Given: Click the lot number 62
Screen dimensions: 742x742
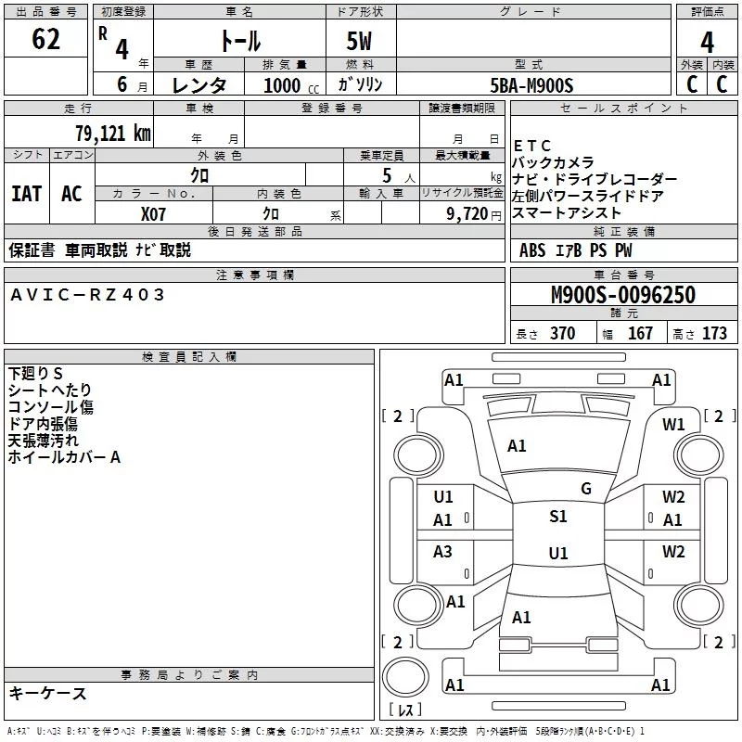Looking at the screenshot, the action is (x=45, y=38).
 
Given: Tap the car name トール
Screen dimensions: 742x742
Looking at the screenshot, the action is (x=240, y=41).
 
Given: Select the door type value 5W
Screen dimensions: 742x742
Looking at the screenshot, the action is (x=359, y=41).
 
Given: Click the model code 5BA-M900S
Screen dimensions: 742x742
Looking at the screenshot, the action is (x=531, y=85).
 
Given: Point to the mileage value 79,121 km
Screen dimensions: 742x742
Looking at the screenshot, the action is (x=113, y=134).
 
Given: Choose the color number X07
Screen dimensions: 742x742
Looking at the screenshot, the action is (x=153, y=214).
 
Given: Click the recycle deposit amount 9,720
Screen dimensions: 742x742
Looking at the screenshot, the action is (x=467, y=214).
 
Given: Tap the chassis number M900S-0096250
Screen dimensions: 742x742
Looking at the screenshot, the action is (x=623, y=295).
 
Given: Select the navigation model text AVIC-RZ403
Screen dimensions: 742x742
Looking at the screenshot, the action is (x=87, y=295).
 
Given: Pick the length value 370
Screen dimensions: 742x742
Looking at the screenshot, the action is (x=562, y=333).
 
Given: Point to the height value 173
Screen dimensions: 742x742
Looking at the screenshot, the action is (x=714, y=333).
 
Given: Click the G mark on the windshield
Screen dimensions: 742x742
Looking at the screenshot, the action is (x=586, y=489).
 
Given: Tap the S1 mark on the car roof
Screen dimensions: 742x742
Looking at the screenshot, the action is (x=558, y=517).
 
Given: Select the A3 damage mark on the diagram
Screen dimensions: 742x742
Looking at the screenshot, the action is (x=442, y=551).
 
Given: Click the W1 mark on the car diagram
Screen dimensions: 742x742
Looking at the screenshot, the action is (x=673, y=425).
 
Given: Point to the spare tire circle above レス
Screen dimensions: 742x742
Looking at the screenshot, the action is (x=405, y=676).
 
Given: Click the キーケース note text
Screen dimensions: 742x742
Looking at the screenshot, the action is (x=48, y=694).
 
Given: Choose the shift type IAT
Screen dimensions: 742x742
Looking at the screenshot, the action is (x=27, y=194).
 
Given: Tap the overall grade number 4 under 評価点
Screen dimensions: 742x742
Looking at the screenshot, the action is (x=707, y=42).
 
